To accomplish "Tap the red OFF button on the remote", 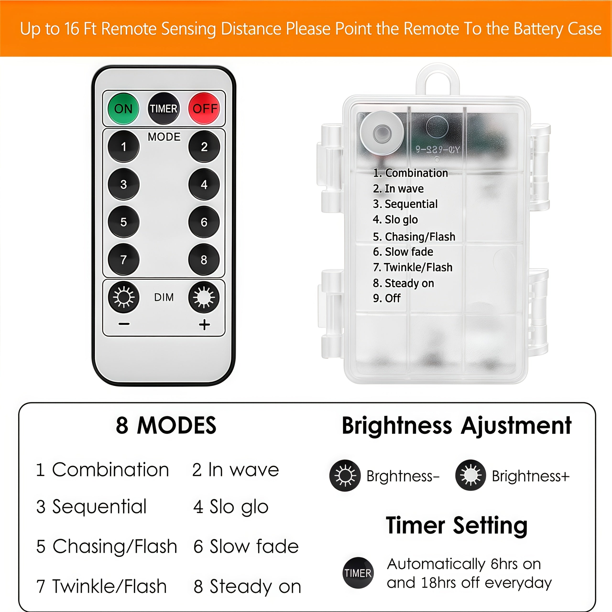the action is tap(204, 108).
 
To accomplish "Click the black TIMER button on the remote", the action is tap(164, 108).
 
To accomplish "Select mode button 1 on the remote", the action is tap(124, 146).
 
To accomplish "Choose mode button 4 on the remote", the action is tap(204, 184).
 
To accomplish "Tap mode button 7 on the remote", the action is tap(124, 259).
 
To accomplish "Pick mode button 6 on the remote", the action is tap(204, 222).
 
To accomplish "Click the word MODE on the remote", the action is tap(164, 137).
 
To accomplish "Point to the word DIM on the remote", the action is tap(164, 297).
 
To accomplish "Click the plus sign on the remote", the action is tap(204, 325).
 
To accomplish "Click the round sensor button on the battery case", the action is tap(382, 133).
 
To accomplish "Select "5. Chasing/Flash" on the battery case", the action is tap(414, 237).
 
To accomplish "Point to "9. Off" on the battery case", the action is tap(387, 298).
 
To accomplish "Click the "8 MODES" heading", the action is tap(166, 425).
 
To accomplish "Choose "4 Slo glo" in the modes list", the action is tap(231, 507).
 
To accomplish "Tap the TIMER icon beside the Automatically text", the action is tap(358, 573).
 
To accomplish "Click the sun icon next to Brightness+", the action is tap(470, 475).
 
